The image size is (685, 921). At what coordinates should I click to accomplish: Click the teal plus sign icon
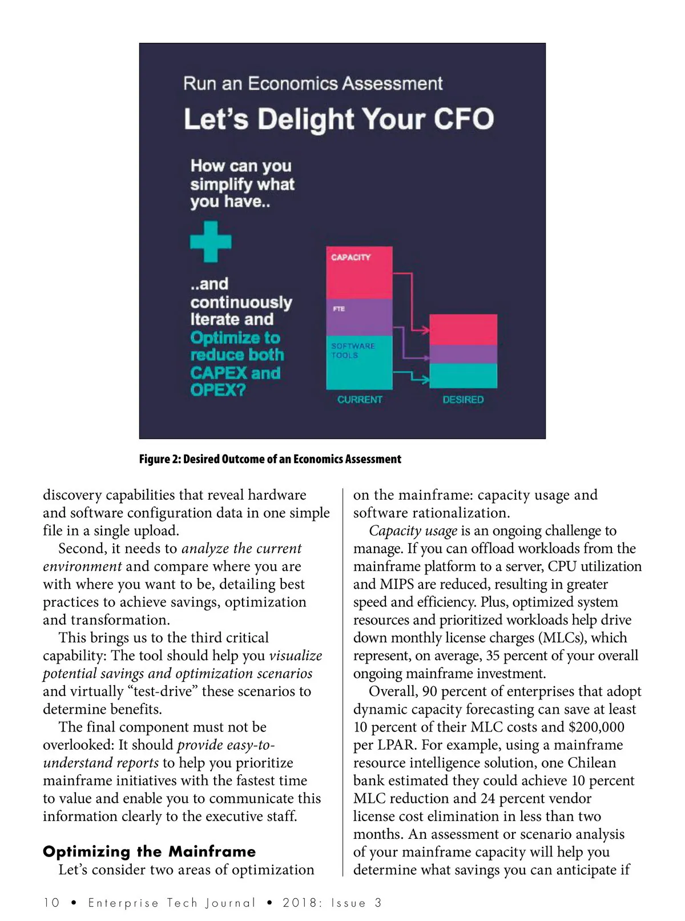[x=211, y=242]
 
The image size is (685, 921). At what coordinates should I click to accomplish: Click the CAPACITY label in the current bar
[x=350, y=258]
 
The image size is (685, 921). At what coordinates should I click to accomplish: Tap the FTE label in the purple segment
[x=339, y=309]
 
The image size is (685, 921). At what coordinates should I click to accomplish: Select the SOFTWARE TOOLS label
[x=353, y=351]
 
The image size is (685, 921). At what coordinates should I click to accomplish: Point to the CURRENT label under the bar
[x=360, y=400]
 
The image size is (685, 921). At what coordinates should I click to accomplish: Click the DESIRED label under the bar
[x=463, y=400]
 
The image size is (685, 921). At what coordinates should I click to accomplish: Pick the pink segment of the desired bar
[x=463, y=329]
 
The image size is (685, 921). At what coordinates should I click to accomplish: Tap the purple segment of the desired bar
[x=463, y=354]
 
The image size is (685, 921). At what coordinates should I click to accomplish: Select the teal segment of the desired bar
[x=463, y=376]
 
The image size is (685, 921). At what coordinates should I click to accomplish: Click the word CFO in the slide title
[x=464, y=119]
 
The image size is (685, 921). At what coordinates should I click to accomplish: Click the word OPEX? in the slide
[x=217, y=391]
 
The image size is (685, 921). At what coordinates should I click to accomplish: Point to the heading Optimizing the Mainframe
[x=149, y=851]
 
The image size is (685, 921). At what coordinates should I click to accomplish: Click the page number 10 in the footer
[x=51, y=903]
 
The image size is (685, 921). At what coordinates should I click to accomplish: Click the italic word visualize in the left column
[x=295, y=655]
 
